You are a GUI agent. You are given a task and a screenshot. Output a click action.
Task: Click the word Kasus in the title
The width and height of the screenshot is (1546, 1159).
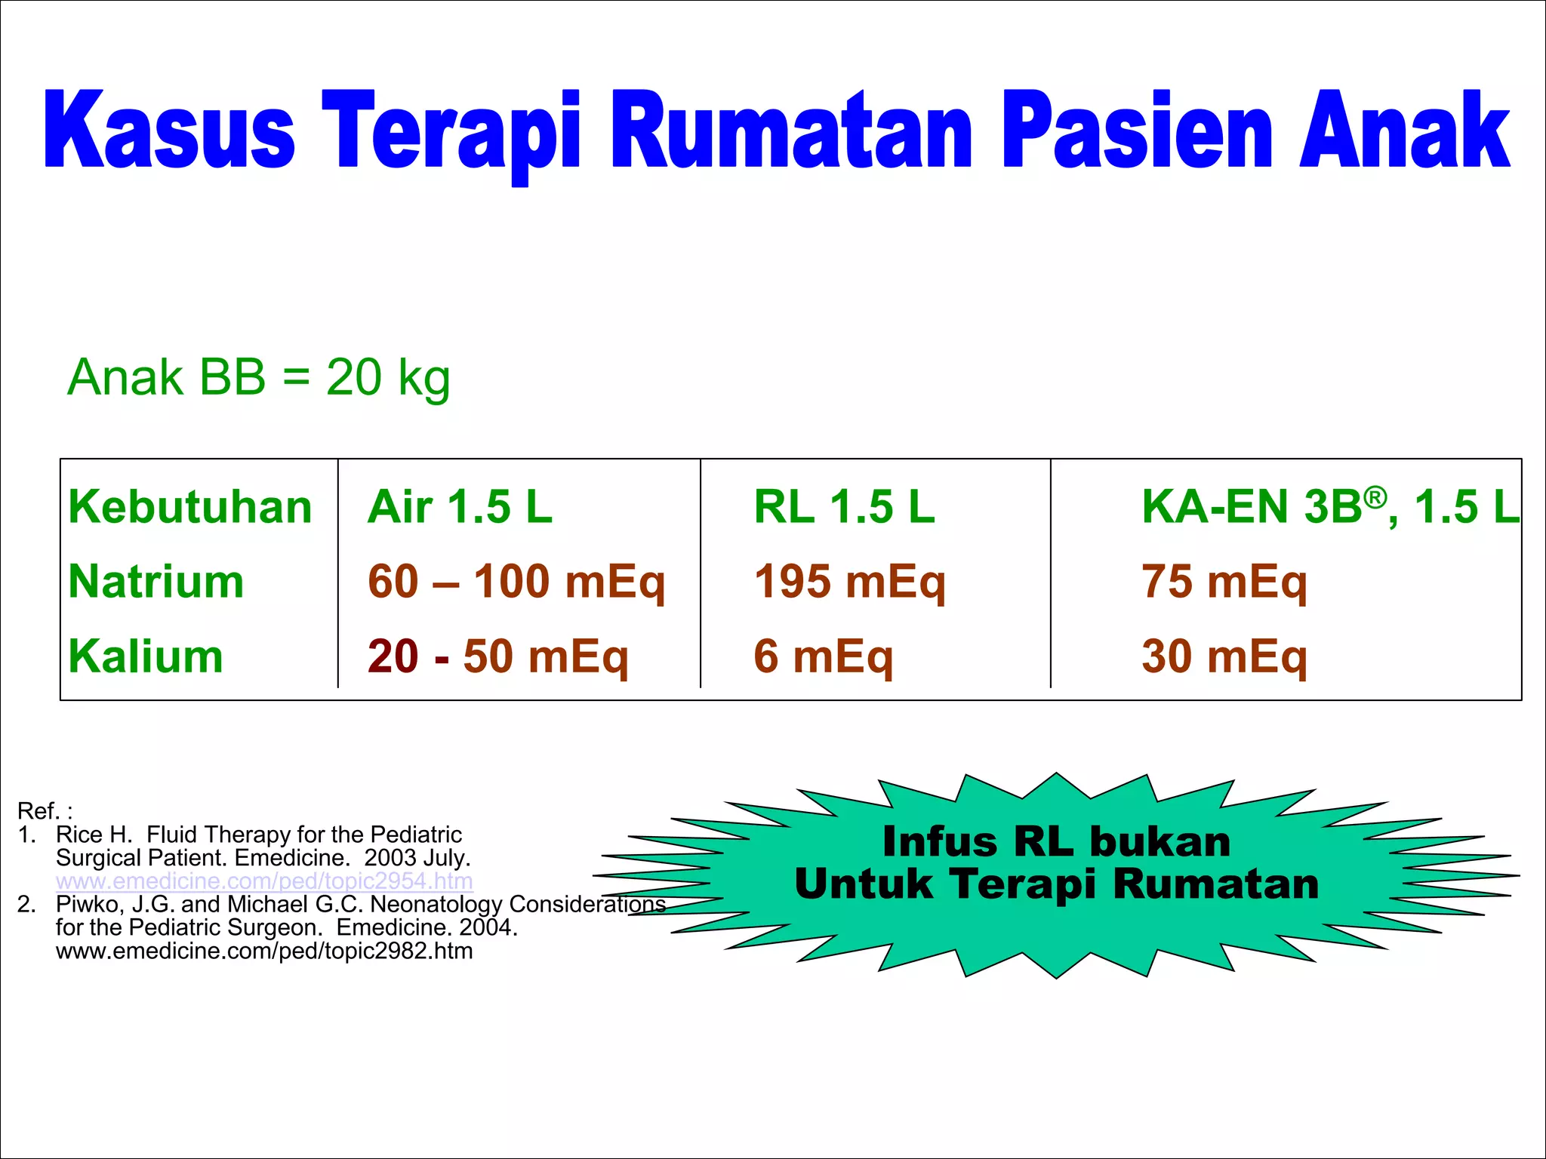click(169, 130)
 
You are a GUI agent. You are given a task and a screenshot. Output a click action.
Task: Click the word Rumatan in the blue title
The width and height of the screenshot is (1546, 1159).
click(792, 130)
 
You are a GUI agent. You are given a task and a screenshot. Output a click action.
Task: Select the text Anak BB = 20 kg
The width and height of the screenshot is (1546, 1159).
click(259, 377)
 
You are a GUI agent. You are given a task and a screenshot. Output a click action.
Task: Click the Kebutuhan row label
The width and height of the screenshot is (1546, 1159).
click(189, 506)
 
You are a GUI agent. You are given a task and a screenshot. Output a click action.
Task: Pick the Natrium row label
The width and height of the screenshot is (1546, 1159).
click(156, 582)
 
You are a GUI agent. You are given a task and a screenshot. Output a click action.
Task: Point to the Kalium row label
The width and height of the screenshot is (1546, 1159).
click(146, 656)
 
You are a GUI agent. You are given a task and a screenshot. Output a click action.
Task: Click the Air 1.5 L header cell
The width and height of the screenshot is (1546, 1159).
click(460, 506)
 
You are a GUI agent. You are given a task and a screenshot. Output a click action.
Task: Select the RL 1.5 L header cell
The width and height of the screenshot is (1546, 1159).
click(844, 506)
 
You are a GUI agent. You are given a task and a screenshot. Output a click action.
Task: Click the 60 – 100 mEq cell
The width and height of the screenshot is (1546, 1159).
click(516, 582)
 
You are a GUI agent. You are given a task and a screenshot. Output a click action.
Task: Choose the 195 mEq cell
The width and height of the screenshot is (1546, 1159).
click(849, 582)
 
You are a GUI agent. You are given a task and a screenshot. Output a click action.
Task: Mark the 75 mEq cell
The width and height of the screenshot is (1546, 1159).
click(1224, 582)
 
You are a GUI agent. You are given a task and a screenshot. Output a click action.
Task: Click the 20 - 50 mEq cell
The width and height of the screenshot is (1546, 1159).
click(497, 656)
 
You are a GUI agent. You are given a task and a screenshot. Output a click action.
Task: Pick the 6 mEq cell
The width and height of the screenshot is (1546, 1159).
click(823, 656)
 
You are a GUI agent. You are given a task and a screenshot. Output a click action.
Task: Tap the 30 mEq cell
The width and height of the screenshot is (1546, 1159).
click(1224, 656)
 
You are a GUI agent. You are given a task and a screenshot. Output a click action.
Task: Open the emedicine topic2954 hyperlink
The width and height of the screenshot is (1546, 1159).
click(264, 881)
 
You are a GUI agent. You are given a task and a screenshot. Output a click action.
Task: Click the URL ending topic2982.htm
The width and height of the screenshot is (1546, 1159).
click(264, 951)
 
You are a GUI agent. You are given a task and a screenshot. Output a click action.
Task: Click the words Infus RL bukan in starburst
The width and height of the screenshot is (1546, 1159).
click(1056, 841)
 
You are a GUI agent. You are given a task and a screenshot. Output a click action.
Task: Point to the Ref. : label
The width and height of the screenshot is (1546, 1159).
click(45, 811)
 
